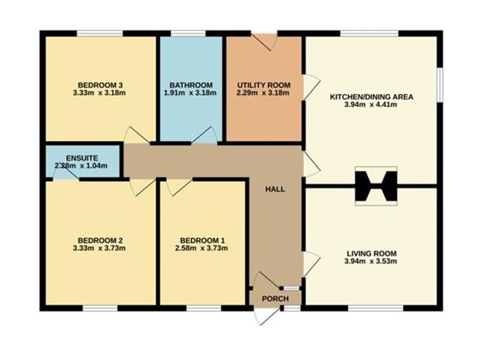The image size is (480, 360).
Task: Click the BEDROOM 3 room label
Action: coord(100,85)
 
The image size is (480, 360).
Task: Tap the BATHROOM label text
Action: coord(191,85)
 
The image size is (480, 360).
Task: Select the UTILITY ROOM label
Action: coord(264,85)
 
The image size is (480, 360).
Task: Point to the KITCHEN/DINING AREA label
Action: coord(371,97)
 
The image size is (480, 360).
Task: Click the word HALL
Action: coord(275,190)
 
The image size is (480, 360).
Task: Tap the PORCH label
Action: coord(275,299)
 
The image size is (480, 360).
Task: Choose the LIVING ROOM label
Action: coord(371,254)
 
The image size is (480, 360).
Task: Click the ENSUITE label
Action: coord(82,158)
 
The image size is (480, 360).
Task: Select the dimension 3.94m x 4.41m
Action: coord(371,105)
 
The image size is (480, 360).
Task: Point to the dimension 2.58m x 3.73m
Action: coord(201,249)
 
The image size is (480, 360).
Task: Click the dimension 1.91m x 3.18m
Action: coord(190,93)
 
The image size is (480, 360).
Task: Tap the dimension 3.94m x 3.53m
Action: coord(371,262)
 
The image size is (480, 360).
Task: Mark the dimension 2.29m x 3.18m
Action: coord(263,93)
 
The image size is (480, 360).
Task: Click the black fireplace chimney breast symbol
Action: coord(376,186)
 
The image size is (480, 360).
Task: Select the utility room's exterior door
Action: coord(264,41)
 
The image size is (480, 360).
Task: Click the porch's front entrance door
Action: coord(267,315)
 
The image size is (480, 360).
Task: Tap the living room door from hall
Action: coord(311,264)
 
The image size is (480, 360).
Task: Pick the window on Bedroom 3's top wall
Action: coord(100,33)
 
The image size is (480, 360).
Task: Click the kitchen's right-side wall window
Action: coord(440,85)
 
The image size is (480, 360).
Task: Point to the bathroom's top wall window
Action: coord(188,33)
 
